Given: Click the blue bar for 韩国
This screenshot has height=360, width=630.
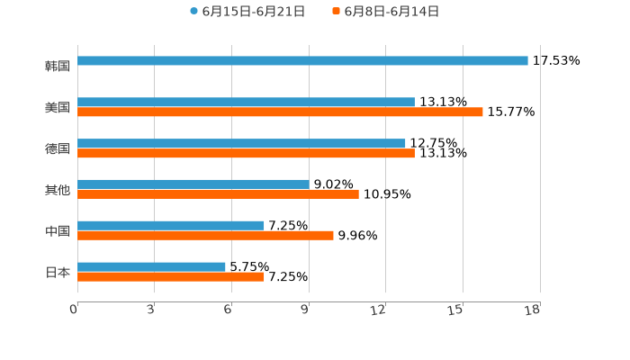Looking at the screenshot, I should pyautogui.click(x=302, y=60).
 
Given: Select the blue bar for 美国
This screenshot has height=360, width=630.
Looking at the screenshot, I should pyautogui.click(x=246, y=102).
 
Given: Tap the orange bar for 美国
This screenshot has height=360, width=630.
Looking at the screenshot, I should pyautogui.click(x=280, y=112).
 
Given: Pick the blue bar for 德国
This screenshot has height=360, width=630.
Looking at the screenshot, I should pyautogui.click(x=241, y=143).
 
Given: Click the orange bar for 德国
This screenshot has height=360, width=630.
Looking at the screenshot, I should pyautogui.click(x=246, y=154).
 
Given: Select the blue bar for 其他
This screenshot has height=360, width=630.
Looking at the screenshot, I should pyautogui.click(x=193, y=184).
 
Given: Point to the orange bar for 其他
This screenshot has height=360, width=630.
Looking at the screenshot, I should pyautogui.click(x=218, y=194).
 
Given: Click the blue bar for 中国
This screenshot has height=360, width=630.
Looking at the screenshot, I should pyautogui.click(x=171, y=225).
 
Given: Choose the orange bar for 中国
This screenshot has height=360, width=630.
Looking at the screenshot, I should pyautogui.click(x=205, y=236).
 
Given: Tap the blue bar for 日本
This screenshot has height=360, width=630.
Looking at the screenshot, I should pyautogui.click(x=151, y=266).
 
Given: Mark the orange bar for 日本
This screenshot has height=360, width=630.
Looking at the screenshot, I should pyautogui.click(x=171, y=277).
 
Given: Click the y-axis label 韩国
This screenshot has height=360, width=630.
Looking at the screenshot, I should pyautogui.click(x=58, y=66).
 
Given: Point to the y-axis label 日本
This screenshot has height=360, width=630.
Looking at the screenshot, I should pyautogui.click(x=58, y=272).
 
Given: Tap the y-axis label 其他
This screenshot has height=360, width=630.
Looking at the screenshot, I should pyautogui.click(x=58, y=189).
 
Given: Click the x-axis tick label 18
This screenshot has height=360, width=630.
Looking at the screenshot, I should pyautogui.click(x=533, y=310).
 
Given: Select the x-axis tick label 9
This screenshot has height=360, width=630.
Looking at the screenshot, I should pyautogui.click(x=306, y=310).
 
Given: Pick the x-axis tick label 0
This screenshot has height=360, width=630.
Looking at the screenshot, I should pyautogui.click(x=74, y=310).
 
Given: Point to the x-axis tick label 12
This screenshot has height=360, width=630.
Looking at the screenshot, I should pyautogui.click(x=379, y=310).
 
